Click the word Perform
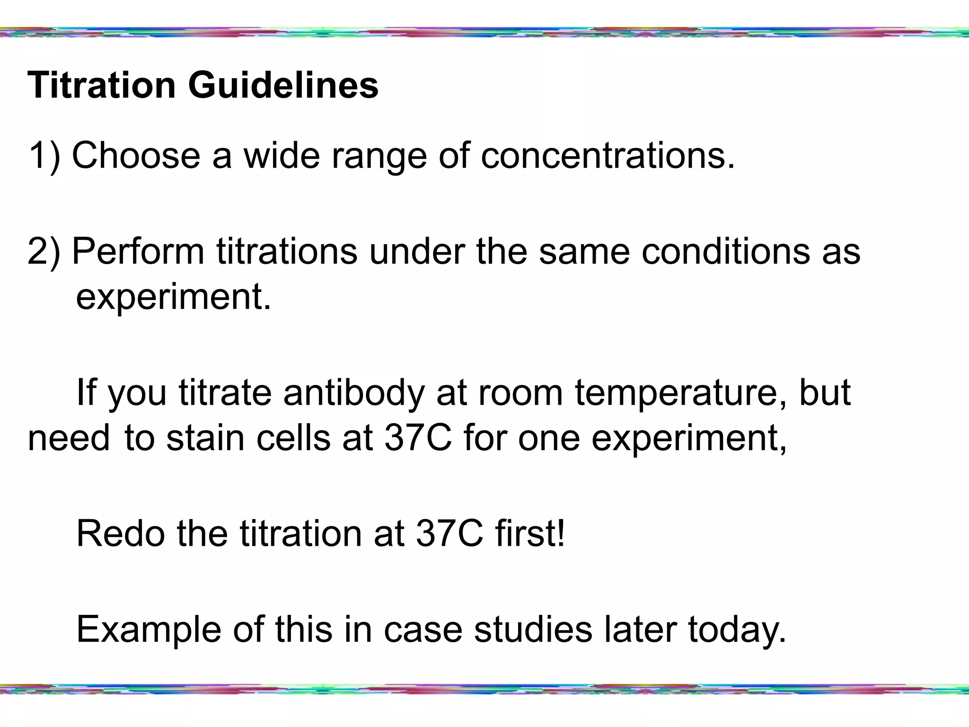click(x=138, y=251)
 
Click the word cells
click(x=293, y=438)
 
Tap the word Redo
click(x=120, y=533)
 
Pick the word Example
click(x=149, y=629)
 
